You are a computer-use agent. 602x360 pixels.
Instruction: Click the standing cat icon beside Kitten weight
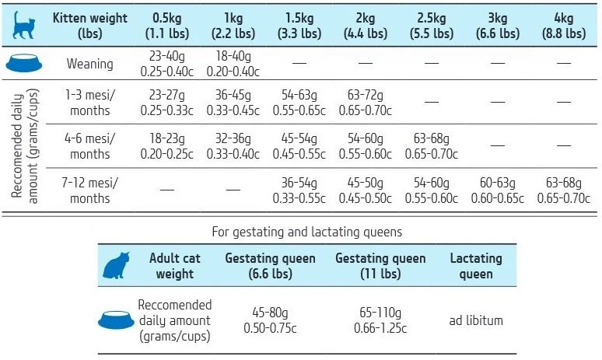click(24, 26)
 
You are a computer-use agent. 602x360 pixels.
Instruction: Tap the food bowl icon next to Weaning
click(23, 65)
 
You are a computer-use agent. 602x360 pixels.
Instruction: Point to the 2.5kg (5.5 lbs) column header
click(432, 26)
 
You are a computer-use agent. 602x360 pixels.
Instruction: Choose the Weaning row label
click(89, 65)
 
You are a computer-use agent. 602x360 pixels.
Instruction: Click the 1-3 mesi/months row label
click(89, 103)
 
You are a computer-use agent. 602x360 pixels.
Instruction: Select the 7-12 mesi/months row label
click(89, 190)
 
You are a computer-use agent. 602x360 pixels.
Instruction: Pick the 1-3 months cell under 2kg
click(365, 103)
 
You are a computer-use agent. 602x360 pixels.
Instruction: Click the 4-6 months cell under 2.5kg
click(432, 146)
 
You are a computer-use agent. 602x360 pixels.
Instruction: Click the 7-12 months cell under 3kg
click(498, 190)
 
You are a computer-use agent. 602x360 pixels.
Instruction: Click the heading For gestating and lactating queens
click(301, 232)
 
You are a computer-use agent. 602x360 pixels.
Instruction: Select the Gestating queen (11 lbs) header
click(380, 266)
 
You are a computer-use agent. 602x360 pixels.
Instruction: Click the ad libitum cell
click(476, 320)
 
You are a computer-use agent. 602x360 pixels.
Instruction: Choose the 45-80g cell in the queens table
click(270, 320)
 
